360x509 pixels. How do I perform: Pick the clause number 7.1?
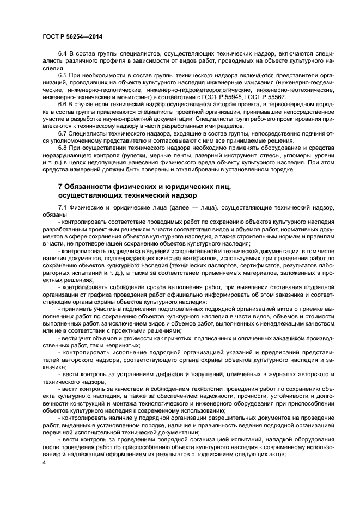(x=62, y=208)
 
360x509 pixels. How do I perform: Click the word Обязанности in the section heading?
(x=90, y=187)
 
